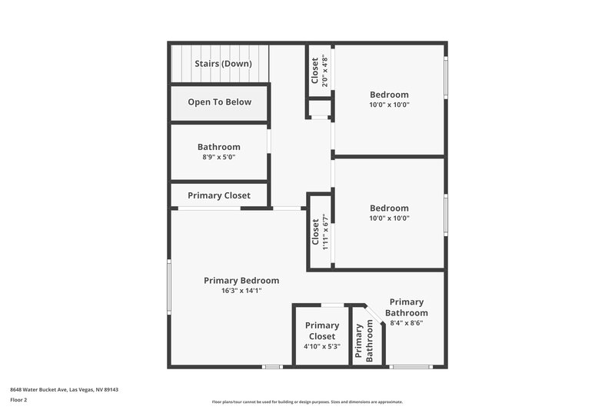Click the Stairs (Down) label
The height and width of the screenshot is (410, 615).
223,64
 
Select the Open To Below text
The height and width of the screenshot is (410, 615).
219,102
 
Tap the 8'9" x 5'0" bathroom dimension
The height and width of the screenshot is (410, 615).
219,157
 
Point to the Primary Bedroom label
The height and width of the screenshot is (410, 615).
241,281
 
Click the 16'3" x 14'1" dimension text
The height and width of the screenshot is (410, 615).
241,291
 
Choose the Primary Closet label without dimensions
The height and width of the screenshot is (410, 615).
219,195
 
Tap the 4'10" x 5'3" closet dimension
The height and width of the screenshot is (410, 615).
321,346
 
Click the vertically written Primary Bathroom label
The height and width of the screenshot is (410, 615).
358,340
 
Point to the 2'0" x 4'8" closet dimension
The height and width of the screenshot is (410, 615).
325,70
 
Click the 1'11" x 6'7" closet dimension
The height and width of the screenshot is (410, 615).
325,232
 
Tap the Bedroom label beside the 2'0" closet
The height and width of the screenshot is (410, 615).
389,95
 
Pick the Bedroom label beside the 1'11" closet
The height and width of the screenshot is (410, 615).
389,208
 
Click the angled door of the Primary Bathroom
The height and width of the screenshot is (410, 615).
374,312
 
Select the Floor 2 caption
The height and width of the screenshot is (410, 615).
18,400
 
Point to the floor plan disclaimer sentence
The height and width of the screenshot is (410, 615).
307,402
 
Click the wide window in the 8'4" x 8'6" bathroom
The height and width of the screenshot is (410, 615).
411,366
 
